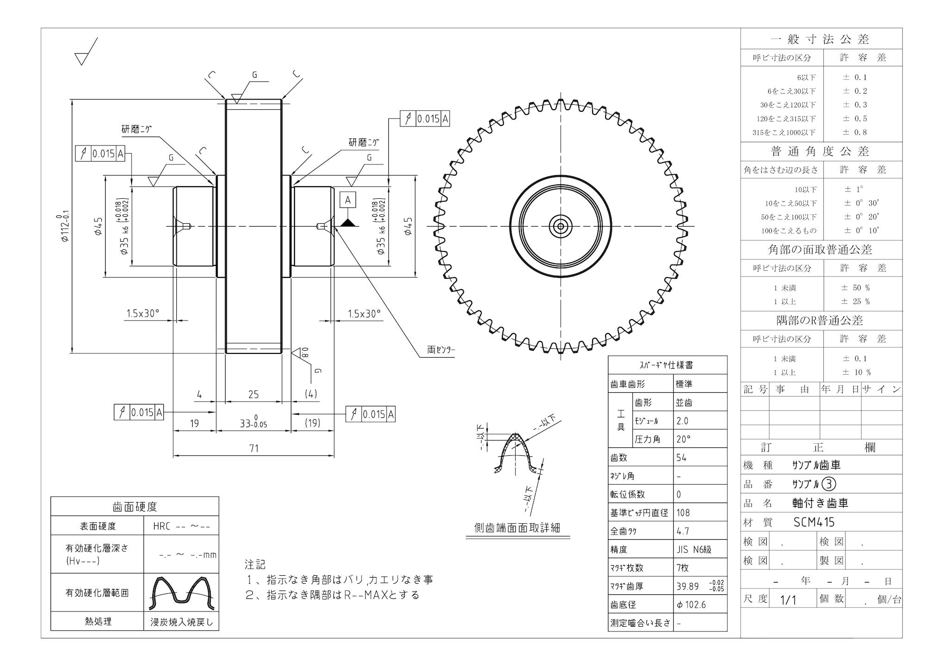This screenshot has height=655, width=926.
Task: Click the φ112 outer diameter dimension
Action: (x=65, y=225)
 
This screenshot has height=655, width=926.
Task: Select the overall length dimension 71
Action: (x=254, y=448)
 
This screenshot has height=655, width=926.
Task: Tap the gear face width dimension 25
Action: (x=253, y=394)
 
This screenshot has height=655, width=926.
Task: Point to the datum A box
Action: (x=348, y=200)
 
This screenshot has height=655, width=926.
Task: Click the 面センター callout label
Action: (x=441, y=350)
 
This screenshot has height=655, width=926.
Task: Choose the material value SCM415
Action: (x=814, y=523)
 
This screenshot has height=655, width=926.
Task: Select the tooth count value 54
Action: (x=682, y=458)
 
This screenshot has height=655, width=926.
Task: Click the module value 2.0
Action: (x=682, y=421)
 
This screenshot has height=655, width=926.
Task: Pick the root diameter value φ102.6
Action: (x=691, y=605)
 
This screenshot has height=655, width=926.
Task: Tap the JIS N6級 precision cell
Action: (x=694, y=549)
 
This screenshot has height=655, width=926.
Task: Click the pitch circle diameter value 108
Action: (x=683, y=513)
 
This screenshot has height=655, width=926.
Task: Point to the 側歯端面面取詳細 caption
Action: (x=517, y=528)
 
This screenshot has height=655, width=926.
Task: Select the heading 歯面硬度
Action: (x=135, y=507)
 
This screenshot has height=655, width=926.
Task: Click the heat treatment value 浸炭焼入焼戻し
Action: (x=181, y=622)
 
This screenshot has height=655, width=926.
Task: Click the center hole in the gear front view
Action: (x=561, y=227)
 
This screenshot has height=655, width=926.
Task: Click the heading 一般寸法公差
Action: (x=820, y=39)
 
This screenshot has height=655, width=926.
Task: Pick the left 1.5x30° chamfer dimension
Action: (x=143, y=314)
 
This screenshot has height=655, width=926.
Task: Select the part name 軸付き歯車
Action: (x=820, y=503)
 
